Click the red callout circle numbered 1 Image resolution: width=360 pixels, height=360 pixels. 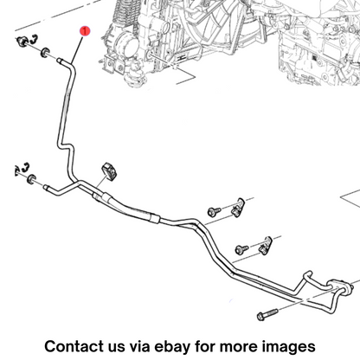point(85,31)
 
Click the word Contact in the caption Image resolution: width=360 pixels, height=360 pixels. point(74,346)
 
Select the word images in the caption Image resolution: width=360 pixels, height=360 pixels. point(289,347)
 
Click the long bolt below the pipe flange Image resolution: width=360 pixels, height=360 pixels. point(267,314)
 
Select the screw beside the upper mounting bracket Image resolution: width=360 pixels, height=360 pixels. point(214,211)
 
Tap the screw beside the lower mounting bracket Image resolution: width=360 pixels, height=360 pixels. point(241,249)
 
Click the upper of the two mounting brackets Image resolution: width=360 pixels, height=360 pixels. point(237,208)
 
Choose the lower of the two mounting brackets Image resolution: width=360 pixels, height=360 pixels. point(266,246)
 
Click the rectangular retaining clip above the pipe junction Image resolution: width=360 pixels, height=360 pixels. point(108,171)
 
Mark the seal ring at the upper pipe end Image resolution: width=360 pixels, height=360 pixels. point(45,52)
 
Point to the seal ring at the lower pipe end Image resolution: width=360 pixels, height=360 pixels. point(31,179)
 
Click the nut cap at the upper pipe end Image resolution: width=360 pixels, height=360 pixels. point(22,42)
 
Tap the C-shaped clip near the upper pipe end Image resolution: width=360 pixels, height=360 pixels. point(33,39)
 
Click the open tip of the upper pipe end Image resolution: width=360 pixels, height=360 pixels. point(59,61)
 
